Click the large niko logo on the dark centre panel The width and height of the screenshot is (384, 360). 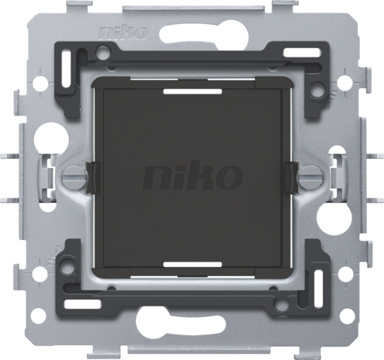tap(192, 178)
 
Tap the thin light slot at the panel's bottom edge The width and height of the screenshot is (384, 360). tap(192, 263)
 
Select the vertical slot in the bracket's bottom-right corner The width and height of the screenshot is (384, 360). tap(317, 294)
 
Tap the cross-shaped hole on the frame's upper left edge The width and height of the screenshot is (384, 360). tap(39, 79)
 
